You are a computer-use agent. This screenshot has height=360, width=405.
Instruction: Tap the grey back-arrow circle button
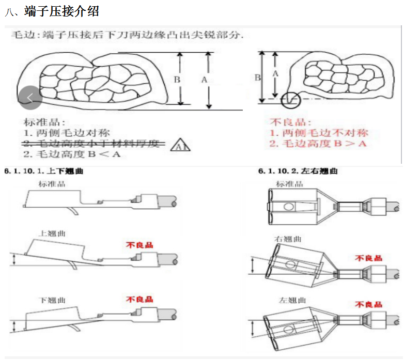point(29,98)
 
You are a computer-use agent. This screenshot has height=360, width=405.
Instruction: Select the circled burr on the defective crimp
point(289,99)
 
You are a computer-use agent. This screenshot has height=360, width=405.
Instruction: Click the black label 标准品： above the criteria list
point(44,122)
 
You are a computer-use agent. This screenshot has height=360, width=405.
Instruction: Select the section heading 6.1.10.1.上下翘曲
point(44,171)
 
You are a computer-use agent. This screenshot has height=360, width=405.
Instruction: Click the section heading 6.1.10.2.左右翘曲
point(298,171)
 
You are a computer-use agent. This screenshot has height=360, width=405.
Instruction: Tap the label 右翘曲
point(288,239)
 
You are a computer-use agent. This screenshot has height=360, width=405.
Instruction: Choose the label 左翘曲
point(292,300)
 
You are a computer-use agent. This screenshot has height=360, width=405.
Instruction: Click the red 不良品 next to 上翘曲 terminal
point(140,245)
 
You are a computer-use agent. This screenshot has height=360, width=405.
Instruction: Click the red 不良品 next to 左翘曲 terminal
point(368,304)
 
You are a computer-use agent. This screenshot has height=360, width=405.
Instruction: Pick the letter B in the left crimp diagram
point(177,80)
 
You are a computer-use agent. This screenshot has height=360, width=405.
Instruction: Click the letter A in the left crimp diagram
point(204,80)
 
